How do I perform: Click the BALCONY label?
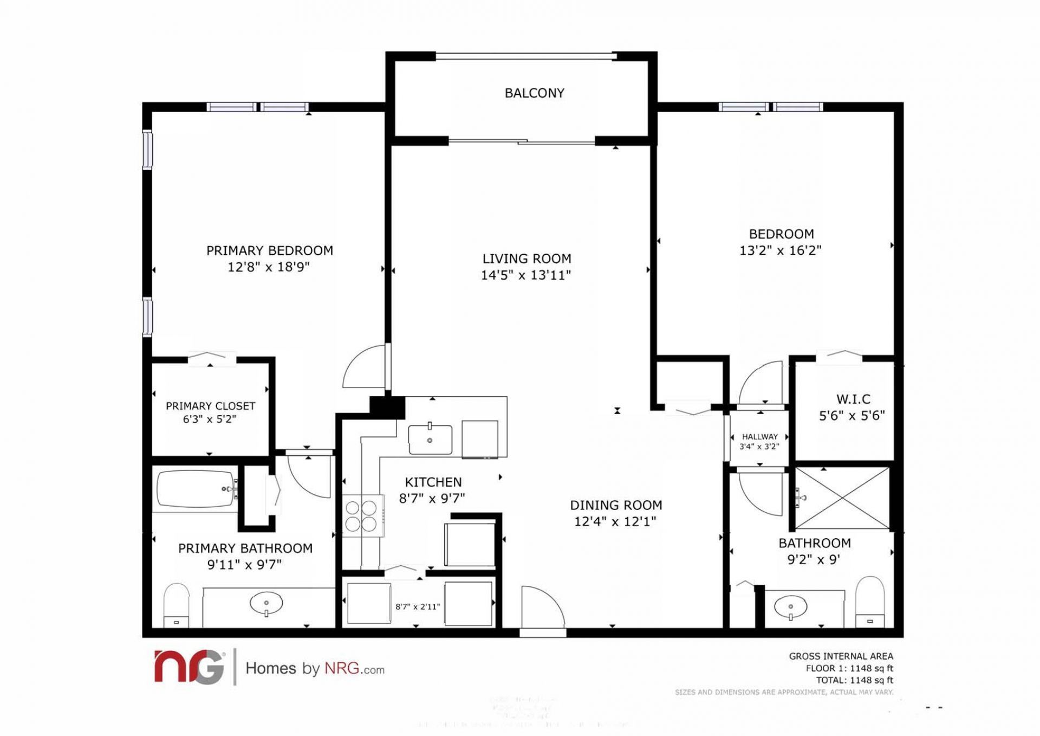[534, 93]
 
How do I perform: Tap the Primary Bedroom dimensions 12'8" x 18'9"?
[268, 267]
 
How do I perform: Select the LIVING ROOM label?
[526, 259]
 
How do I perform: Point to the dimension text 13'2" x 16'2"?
[781, 250]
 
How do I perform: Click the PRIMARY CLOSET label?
[210, 406]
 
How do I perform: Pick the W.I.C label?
[853, 399]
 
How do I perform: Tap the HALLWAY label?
[759, 436]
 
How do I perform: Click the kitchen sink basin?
[430, 440]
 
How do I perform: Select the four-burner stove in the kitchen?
[361, 516]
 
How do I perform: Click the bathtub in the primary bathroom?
[195, 489]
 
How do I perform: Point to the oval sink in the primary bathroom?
[266, 603]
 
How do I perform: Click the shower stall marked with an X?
[842, 498]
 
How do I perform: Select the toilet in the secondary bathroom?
[870, 602]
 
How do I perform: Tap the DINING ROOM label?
[616, 505]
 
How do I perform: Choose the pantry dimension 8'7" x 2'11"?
[418, 606]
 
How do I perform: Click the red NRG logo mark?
[189, 667]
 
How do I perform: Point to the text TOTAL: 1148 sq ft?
[854, 680]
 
